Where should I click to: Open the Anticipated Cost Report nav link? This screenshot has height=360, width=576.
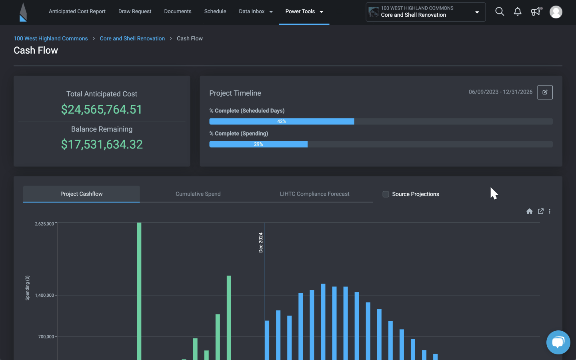(x=77, y=12)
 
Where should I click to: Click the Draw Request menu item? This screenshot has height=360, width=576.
(x=135, y=12)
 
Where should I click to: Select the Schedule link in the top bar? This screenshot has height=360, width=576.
(x=215, y=12)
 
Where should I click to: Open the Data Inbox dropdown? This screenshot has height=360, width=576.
(x=256, y=12)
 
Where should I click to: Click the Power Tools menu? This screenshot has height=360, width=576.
(x=304, y=12)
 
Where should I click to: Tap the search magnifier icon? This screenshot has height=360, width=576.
(x=500, y=12)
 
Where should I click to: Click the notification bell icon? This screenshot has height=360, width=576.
(x=518, y=12)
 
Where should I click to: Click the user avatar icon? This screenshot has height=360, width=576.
(x=556, y=12)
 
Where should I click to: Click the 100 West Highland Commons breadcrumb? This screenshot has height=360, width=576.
(x=51, y=38)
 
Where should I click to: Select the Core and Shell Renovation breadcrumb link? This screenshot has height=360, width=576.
(x=132, y=38)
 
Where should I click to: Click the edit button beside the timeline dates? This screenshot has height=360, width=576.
(x=545, y=92)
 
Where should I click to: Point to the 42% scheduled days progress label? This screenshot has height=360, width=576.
(x=282, y=121)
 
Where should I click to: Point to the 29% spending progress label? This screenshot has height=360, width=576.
(x=258, y=144)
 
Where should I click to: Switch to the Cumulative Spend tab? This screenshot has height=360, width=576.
(x=198, y=194)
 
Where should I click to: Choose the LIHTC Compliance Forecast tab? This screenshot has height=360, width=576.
(x=314, y=194)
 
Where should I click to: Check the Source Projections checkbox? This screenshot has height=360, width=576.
(x=386, y=194)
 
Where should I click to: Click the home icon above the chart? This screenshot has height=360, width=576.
(x=529, y=211)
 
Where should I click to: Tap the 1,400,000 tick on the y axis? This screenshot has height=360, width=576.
(x=44, y=295)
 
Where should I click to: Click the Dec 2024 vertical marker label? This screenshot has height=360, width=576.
(x=261, y=242)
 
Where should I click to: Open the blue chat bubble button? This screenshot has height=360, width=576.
(x=558, y=342)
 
